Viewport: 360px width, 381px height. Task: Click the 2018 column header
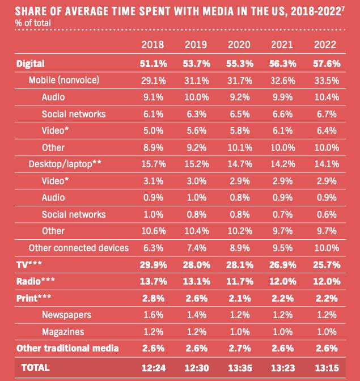152,45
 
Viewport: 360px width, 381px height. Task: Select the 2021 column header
283,45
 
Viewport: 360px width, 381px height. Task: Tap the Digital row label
31,63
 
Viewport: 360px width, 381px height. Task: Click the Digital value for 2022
326,63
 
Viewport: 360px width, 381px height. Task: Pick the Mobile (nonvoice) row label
64,80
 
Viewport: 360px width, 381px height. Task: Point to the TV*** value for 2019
196,264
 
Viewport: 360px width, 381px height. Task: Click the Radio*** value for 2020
239,281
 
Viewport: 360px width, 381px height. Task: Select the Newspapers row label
66,315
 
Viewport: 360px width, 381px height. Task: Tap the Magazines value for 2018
151,331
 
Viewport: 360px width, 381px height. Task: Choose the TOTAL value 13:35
239,367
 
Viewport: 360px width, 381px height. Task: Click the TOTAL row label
36,367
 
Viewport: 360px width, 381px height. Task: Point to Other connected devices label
79,248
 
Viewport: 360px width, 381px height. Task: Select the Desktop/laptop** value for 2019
196,164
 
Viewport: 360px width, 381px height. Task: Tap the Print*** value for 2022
326,298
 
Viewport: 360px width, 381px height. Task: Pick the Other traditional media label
67,348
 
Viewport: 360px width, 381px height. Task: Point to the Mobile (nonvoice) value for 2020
239,80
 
